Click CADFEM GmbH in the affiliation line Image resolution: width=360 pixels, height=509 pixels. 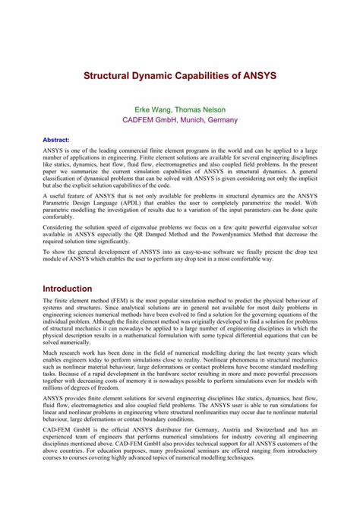150,120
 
